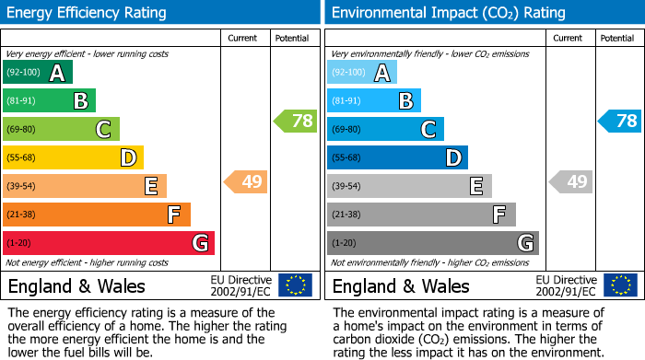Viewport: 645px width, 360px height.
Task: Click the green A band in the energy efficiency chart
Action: click(37, 73)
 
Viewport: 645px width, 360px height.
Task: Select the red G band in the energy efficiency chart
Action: click(109, 243)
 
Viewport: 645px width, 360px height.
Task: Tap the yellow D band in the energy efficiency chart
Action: click(73, 158)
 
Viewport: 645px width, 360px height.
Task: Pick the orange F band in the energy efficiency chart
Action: click(97, 215)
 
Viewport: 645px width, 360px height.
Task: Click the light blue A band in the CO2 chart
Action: click(362, 73)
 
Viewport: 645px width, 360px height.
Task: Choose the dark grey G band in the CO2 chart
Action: click(432, 243)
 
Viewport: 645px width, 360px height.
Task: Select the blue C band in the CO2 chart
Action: click(385, 130)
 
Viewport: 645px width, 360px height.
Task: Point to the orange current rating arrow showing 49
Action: click(247, 181)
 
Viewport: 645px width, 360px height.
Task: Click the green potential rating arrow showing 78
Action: click(295, 121)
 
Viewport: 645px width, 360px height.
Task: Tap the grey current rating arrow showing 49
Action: click(571, 181)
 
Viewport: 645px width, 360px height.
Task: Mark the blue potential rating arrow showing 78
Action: click(619, 121)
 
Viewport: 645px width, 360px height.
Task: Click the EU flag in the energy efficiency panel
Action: click(295, 285)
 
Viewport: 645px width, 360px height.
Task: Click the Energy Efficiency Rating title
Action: click(88, 13)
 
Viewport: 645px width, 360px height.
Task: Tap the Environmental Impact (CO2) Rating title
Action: click(448, 13)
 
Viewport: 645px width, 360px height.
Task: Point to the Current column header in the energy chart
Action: click(243, 38)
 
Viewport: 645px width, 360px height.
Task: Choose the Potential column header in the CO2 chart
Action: click(616, 38)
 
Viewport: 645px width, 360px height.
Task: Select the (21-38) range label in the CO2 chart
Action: click(346, 215)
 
